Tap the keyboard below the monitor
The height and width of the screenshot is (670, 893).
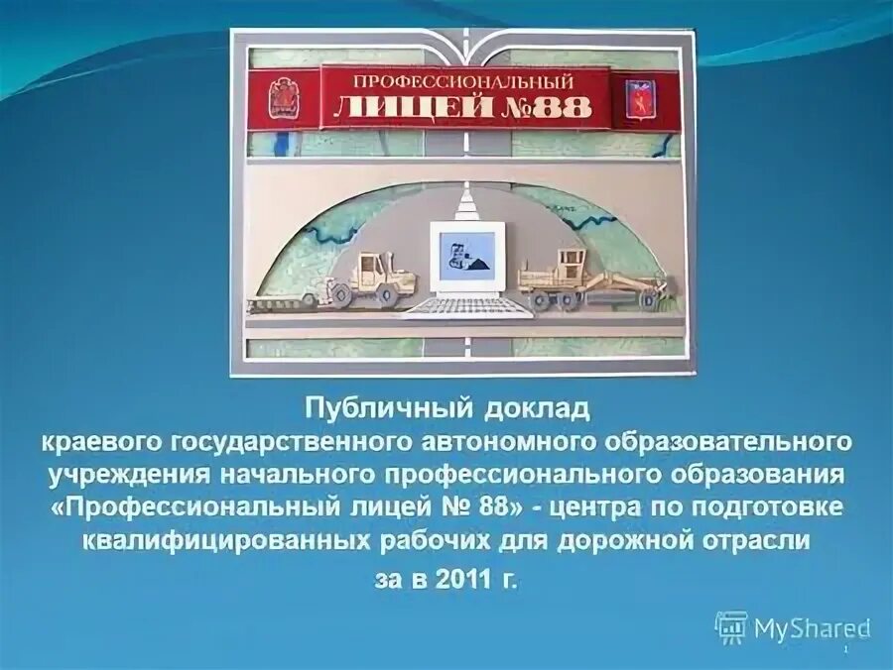(x=465, y=305)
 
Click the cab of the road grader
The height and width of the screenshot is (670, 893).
(x=570, y=264)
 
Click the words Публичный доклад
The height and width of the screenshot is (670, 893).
(x=446, y=407)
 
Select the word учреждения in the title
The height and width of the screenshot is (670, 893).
(x=115, y=472)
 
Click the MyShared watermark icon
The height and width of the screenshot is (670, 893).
(x=731, y=626)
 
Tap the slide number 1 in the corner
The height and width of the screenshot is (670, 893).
(x=844, y=649)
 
